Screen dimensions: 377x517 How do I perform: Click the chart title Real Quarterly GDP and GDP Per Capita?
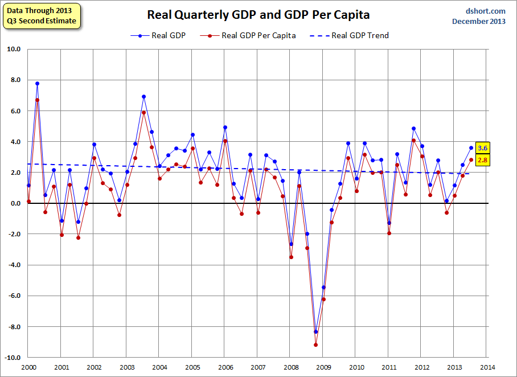(x=258, y=15)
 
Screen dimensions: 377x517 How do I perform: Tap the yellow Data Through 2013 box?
(x=41, y=15)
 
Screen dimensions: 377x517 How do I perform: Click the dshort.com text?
(x=485, y=11)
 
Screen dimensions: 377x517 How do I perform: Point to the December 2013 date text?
(x=479, y=21)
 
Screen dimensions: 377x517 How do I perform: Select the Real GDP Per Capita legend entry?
(x=252, y=35)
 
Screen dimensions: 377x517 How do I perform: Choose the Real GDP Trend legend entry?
(x=349, y=35)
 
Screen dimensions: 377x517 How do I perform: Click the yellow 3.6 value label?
(x=482, y=148)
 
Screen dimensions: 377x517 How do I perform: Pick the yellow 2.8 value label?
(x=482, y=161)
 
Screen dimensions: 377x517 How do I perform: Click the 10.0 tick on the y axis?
(x=13, y=49)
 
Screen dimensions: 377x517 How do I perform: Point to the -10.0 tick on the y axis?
(x=12, y=358)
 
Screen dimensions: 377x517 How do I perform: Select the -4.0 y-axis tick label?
(x=13, y=265)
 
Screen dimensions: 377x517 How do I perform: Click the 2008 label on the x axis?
(x=291, y=367)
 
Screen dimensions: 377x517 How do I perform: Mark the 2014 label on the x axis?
(x=487, y=367)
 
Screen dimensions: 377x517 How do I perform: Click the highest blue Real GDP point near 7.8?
(x=37, y=83)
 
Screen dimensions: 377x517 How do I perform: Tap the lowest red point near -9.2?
(x=316, y=345)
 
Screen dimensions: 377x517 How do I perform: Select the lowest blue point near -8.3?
(x=316, y=331)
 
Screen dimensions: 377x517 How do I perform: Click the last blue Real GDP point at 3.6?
(x=471, y=148)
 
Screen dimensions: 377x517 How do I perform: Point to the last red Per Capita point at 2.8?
(x=471, y=160)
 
